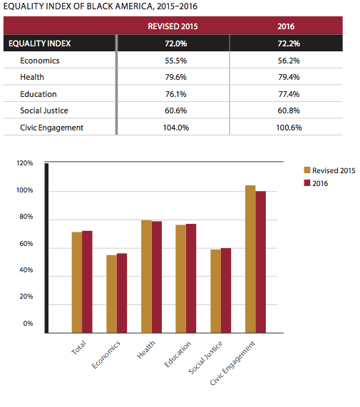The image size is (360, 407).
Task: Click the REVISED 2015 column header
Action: pos(173,26)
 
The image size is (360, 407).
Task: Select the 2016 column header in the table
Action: pos(286,26)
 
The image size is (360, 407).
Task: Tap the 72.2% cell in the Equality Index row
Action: pos(289,43)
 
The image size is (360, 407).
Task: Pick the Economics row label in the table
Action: pos(40,61)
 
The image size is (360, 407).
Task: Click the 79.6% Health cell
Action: pos(175,77)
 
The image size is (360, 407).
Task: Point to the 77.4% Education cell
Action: pos(289,94)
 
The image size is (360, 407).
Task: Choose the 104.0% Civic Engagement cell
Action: pos(175,128)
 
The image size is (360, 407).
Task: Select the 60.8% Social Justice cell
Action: pos(289,110)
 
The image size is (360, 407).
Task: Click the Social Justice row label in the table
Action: pos(44,110)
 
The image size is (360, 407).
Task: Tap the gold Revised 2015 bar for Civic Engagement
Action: pos(250,259)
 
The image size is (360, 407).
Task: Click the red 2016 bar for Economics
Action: pos(122,293)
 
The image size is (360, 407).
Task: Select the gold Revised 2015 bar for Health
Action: pos(146,277)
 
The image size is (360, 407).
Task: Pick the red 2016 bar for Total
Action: pos(87,282)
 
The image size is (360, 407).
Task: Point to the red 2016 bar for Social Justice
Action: pos(226,290)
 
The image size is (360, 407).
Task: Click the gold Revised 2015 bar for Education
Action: pos(180,279)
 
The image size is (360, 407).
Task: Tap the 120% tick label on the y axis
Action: pos(25,163)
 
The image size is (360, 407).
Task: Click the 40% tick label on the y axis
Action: pos(26,270)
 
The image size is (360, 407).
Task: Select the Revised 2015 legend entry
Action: pos(329,170)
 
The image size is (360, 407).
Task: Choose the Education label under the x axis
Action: pos(178,354)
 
